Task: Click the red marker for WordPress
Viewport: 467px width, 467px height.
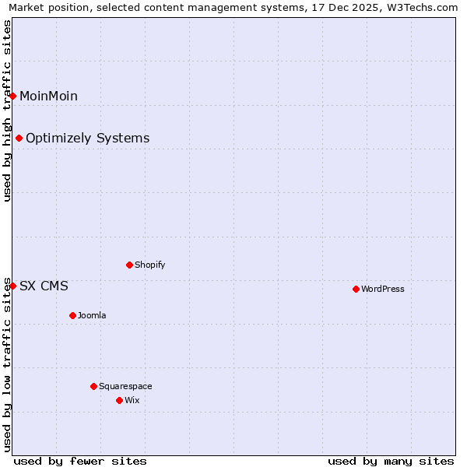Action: point(356,289)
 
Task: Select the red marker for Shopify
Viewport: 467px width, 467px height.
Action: point(129,265)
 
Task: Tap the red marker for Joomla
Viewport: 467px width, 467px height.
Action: point(72,315)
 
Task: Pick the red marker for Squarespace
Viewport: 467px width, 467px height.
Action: point(93,386)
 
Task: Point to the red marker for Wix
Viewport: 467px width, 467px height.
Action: point(119,400)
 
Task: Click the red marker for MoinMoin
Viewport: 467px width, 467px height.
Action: point(12,96)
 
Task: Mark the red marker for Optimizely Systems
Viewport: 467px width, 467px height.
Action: point(19,138)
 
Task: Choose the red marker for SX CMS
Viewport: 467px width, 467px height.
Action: point(12,286)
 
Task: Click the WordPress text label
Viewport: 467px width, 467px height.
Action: point(383,289)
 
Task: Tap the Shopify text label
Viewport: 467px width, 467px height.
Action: point(150,265)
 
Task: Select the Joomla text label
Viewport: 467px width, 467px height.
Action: point(92,315)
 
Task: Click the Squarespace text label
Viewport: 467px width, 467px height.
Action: point(125,386)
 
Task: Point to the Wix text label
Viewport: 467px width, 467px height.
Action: point(132,400)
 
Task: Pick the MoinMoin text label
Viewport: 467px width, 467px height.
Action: point(48,96)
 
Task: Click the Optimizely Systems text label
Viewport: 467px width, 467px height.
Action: point(87,138)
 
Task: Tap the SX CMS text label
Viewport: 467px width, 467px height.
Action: point(44,286)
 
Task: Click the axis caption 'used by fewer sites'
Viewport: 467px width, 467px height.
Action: point(80,461)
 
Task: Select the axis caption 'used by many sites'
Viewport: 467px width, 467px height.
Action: point(391,461)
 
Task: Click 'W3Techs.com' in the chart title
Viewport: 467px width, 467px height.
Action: point(421,8)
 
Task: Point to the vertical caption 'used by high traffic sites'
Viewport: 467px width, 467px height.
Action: point(8,111)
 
